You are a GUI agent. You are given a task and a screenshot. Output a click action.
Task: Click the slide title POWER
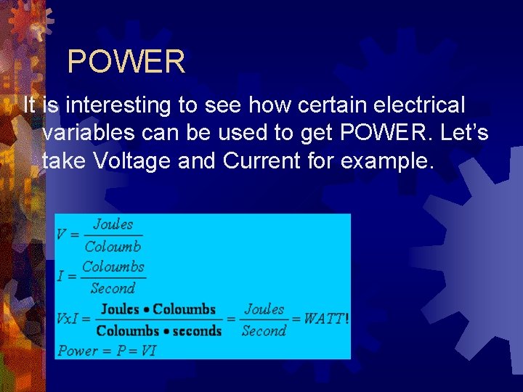(126, 62)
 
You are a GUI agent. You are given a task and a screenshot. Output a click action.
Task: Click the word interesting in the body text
(117, 106)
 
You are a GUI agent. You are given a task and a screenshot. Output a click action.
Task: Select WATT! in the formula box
(326, 319)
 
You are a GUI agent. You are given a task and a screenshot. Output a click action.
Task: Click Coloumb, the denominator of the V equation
(113, 246)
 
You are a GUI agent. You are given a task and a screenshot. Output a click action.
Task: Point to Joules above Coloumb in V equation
(113, 224)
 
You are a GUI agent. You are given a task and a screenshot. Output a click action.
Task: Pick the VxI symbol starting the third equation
(71, 319)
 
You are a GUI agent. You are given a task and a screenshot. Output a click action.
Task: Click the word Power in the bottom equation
(77, 351)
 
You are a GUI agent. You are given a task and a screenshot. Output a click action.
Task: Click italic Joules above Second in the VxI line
(264, 309)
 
